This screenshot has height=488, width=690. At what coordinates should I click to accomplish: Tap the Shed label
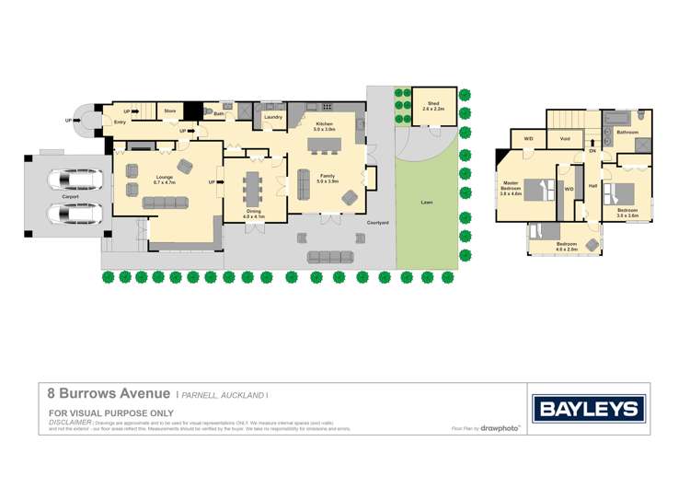[x=432, y=106]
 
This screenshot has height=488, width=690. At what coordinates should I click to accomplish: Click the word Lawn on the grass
[x=426, y=202]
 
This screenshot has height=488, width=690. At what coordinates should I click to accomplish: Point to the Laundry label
[x=273, y=118]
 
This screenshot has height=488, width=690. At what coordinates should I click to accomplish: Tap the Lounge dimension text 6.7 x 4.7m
[x=165, y=183]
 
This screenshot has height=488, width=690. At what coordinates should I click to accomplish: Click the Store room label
[x=170, y=110]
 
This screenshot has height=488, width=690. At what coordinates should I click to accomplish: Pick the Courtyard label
[x=376, y=223]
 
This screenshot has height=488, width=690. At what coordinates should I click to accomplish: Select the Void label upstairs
[x=564, y=139]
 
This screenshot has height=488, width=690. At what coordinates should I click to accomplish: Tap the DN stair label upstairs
[x=592, y=150]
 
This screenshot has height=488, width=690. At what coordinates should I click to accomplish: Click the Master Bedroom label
[x=510, y=188]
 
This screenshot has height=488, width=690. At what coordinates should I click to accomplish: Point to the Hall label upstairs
[x=592, y=186]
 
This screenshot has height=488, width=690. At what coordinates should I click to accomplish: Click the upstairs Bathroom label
[x=627, y=133]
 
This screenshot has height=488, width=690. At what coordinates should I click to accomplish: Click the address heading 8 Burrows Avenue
[x=109, y=392]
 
